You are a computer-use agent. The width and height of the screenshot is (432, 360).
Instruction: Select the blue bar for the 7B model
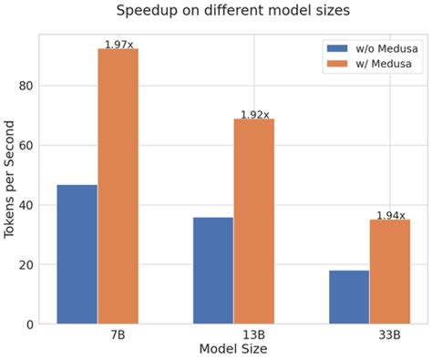click(x=77, y=254)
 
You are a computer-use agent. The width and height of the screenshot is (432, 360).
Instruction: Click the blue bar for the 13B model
click(x=212, y=270)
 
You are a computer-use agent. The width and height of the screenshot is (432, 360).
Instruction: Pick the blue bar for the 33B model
click(x=348, y=296)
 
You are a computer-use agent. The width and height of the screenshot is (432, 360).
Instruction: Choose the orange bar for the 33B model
click(x=389, y=272)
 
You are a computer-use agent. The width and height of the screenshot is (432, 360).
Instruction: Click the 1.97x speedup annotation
click(x=118, y=43)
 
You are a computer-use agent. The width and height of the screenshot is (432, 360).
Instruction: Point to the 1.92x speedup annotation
click(x=254, y=114)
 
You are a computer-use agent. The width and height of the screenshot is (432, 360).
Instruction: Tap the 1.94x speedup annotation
click(x=390, y=215)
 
